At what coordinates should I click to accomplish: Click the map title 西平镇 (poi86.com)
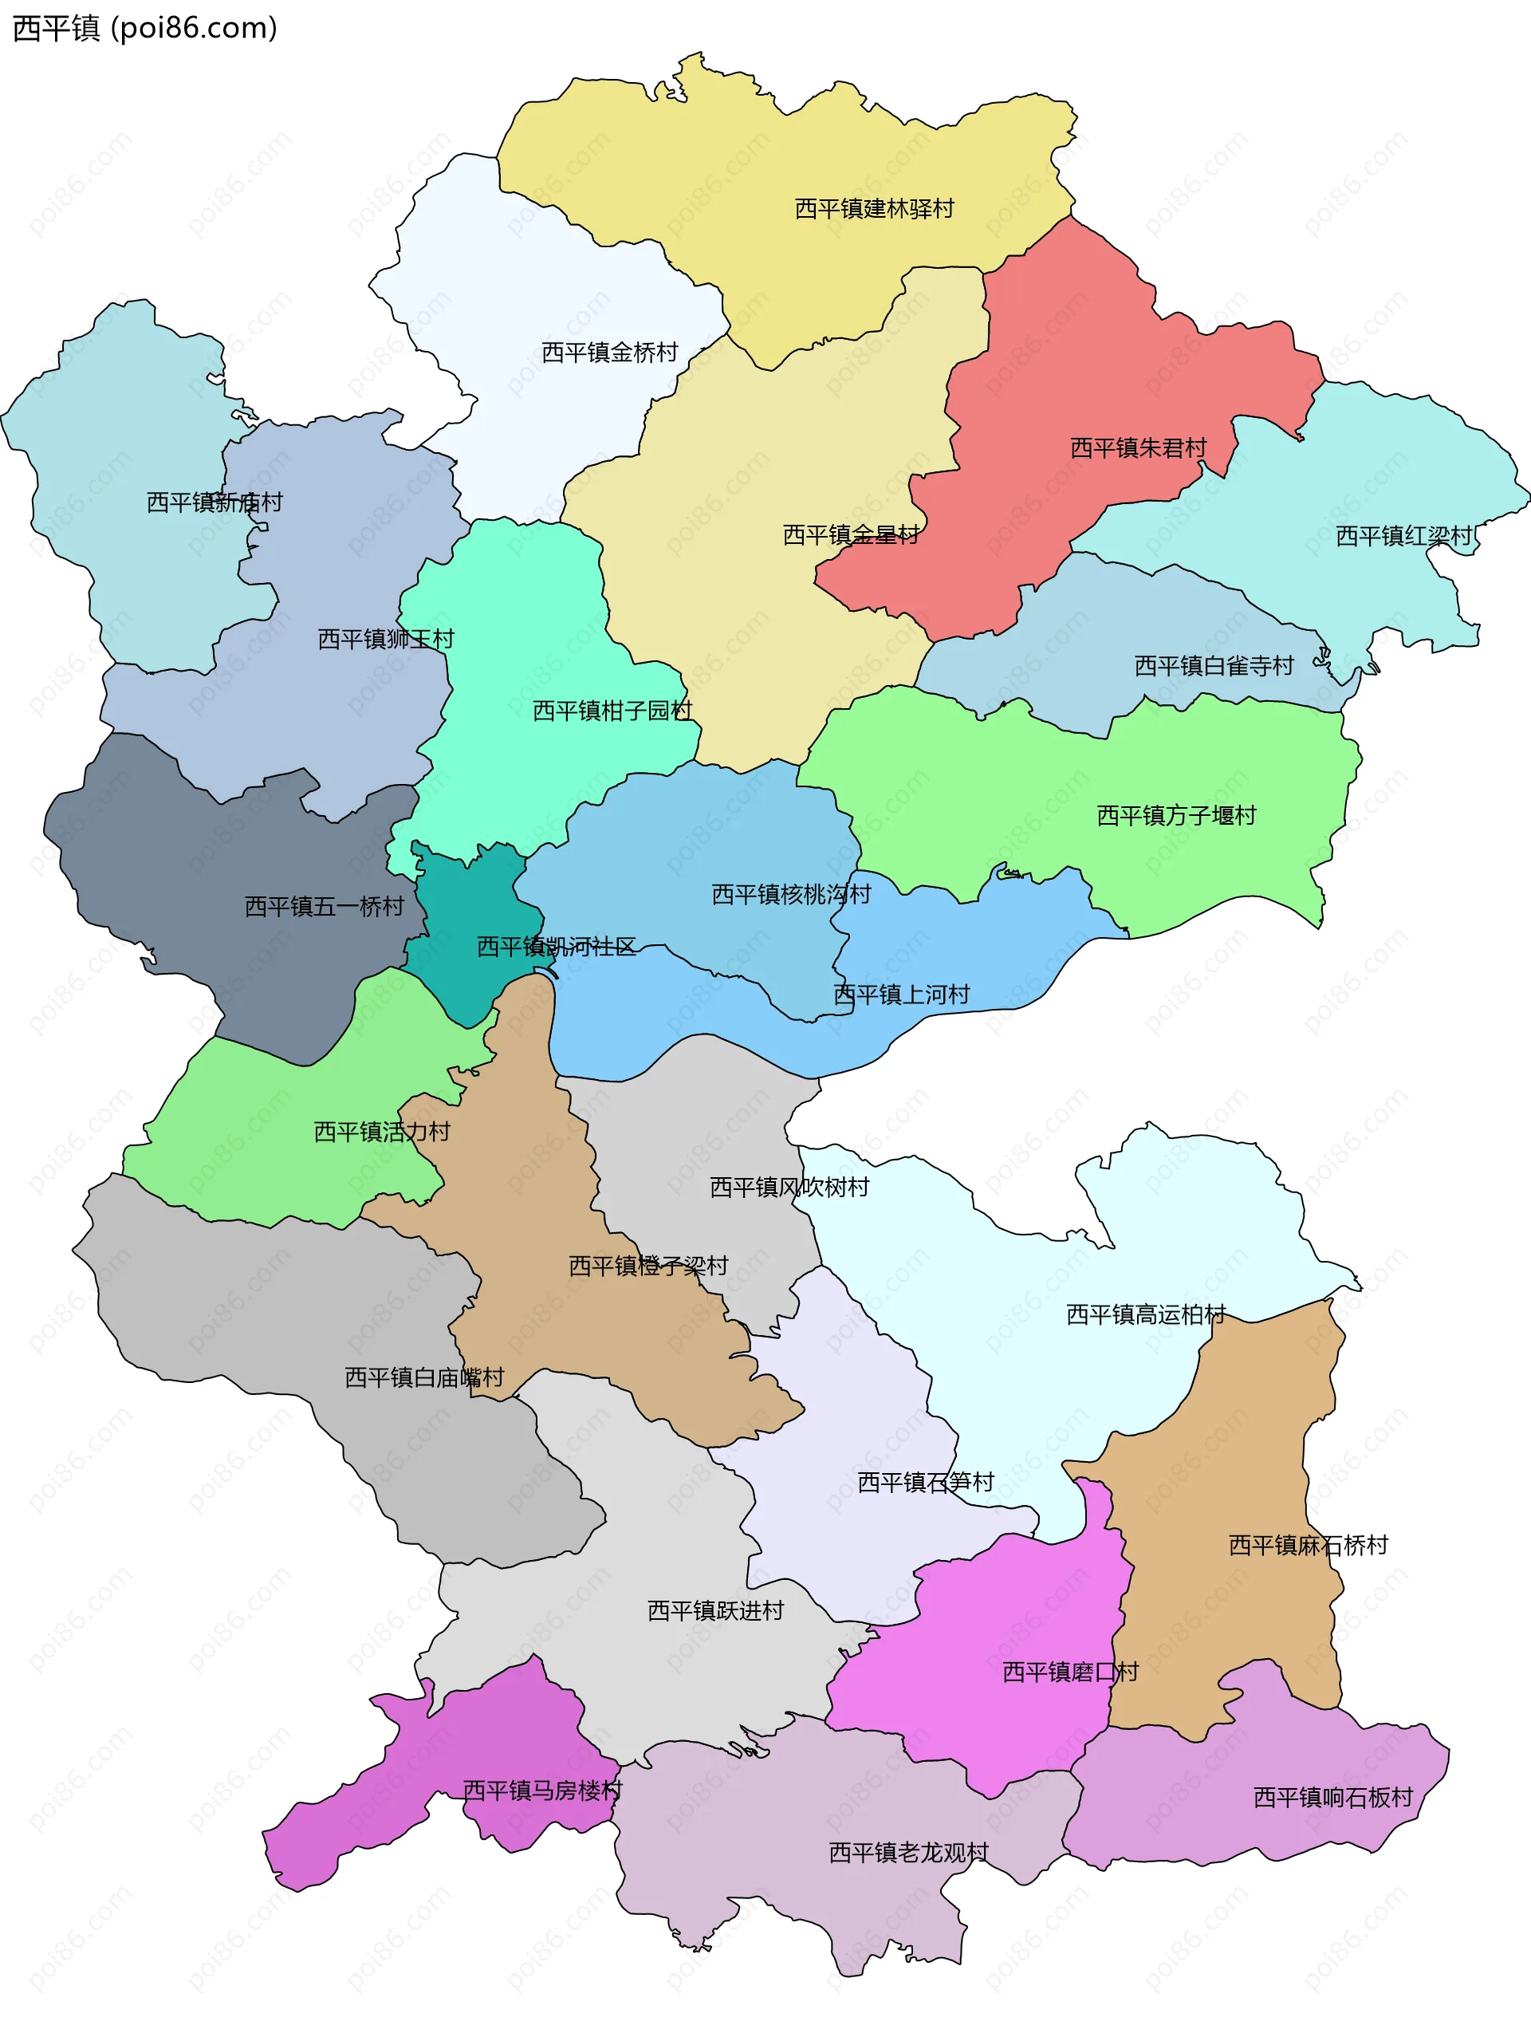(144, 29)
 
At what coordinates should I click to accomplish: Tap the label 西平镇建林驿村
(873, 209)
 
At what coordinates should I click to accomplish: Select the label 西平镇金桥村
(609, 353)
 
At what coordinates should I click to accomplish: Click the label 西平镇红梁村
(1403, 536)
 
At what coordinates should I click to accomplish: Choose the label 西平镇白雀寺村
(1214, 666)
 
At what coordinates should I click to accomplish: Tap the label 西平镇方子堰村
(1176, 814)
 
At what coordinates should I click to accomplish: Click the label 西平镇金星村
(850, 535)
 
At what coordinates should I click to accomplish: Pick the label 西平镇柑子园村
(612, 710)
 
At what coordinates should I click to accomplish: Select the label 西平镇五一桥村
(324, 906)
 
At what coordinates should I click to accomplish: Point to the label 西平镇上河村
(901, 995)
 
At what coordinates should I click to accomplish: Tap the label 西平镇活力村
(382, 1131)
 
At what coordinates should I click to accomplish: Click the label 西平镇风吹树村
(789, 1187)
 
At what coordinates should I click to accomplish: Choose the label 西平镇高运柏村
(1145, 1314)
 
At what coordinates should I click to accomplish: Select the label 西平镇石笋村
(925, 1483)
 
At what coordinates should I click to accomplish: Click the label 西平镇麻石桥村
(1307, 1546)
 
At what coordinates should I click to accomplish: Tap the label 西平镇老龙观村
(908, 1853)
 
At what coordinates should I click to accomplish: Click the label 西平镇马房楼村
(541, 1790)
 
